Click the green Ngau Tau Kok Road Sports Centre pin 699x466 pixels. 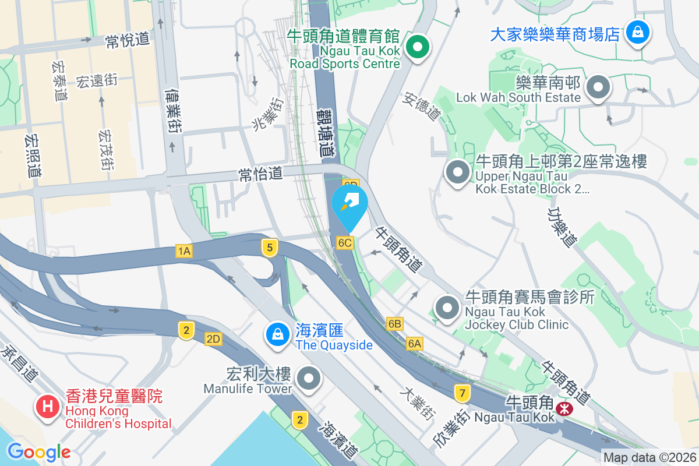pyautogui.click(x=417, y=47)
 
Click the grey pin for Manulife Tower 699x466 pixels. pyautogui.click(x=309, y=379)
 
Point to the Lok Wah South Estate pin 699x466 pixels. pyautogui.click(x=598, y=88)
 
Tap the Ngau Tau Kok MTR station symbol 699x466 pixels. pyautogui.click(x=564, y=408)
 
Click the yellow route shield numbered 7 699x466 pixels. pyautogui.click(x=463, y=393)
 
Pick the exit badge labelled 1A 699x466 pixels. pyautogui.click(x=184, y=251)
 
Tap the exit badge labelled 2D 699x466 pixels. pyautogui.click(x=213, y=339)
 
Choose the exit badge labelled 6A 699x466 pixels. pyautogui.click(x=415, y=344)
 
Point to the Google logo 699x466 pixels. pyautogui.click(x=39, y=451)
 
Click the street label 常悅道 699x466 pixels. pyautogui.click(x=128, y=40)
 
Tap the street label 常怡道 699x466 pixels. pyautogui.click(x=260, y=173)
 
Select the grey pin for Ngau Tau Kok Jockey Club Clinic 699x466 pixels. pyautogui.click(x=447, y=307)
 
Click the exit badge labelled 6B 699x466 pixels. pyautogui.click(x=395, y=323)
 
